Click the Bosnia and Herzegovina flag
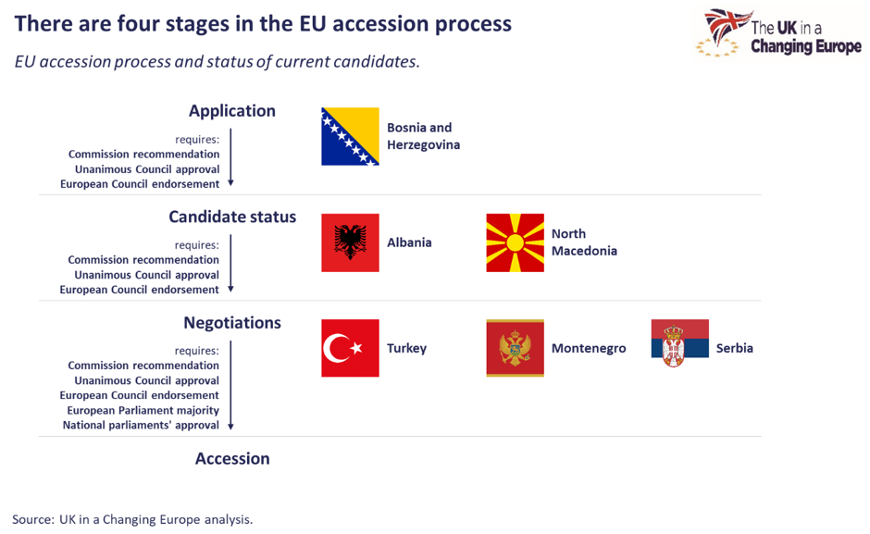tap(350, 136)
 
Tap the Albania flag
tap(350, 242)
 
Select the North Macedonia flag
tap(515, 242)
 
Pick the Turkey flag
tap(350, 348)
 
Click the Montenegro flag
tap(515, 348)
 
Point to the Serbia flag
tap(679, 343)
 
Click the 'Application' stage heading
tap(232, 111)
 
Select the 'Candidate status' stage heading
tap(232, 217)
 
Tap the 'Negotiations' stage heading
tap(232, 323)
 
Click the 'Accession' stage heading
tap(232, 458)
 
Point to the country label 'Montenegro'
tap(589, 349)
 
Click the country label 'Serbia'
tap(735, 349)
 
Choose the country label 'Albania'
tap(409, 242)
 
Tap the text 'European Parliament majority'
tap(143, 410)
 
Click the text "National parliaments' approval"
tap(141, 425)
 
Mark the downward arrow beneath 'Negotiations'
tap(230, 385)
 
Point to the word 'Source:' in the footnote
tap(32, 519)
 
